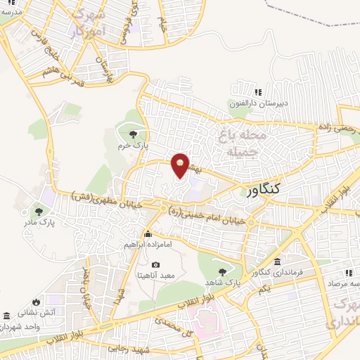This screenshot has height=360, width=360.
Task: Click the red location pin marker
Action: pyautogui.click(x=181, y=164)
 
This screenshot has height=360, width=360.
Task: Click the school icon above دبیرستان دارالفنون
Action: pyautogui.click(x=258, y=92)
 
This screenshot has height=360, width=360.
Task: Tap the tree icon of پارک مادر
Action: pyautogui.click(x=39, y=211)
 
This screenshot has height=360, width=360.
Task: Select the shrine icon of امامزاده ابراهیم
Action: pyautogui.click(x=148, y=234)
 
